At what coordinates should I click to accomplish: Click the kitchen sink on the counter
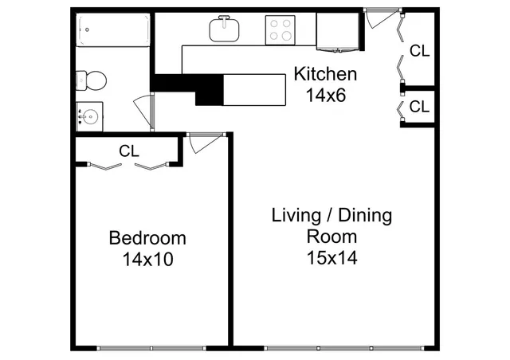point(226,30)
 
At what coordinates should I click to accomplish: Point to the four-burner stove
point(280,30)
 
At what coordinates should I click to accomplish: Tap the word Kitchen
point(325,75)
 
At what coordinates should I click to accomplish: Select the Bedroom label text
point(147,238)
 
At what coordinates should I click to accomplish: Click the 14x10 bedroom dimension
point(147,259)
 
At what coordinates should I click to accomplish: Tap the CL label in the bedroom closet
point(129,150)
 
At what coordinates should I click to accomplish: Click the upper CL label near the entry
point(419,51)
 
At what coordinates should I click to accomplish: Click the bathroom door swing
point(144,108)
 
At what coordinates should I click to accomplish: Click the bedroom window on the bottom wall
point(151,347)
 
